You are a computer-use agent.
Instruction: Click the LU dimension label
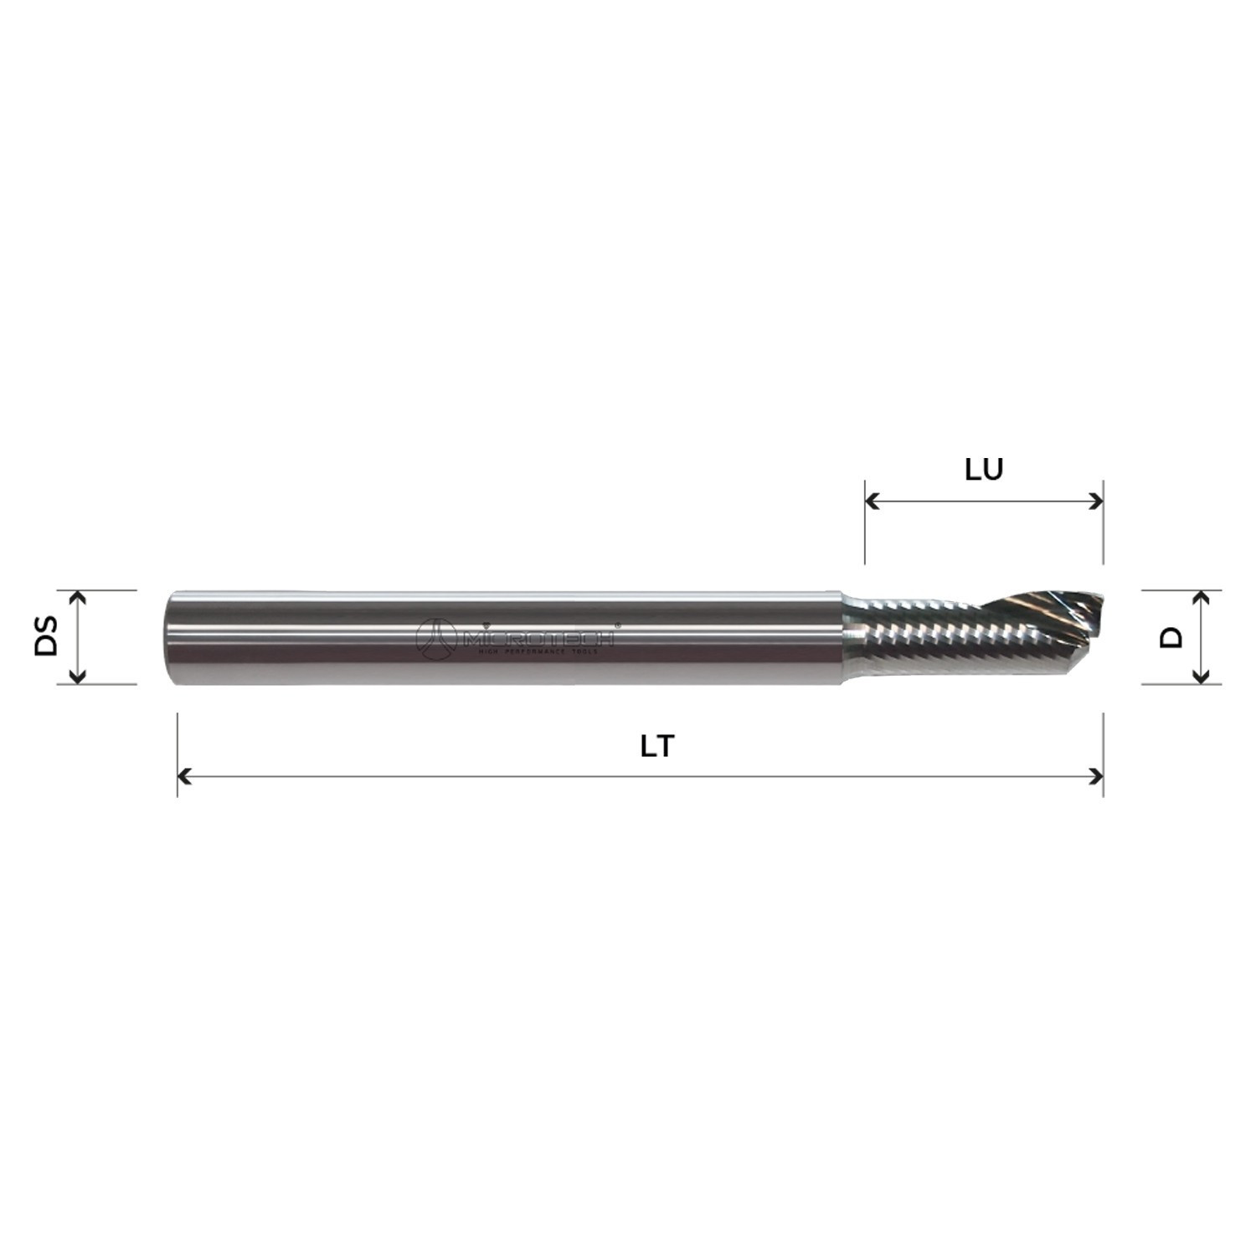pos(984,470)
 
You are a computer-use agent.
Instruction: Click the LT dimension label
pos(657,746)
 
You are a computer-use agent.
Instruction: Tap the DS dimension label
pos(47,636)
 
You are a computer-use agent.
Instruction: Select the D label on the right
pos(1172,636)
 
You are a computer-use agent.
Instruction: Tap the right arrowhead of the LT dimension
pos(1096,777)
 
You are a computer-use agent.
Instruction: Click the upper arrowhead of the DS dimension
pos(77,596)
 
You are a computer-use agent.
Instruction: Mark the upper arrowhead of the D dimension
pos(1202,596)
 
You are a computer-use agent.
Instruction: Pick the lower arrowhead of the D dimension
pos(1202,677)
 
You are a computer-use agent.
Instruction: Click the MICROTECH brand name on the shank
pos(538,638)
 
